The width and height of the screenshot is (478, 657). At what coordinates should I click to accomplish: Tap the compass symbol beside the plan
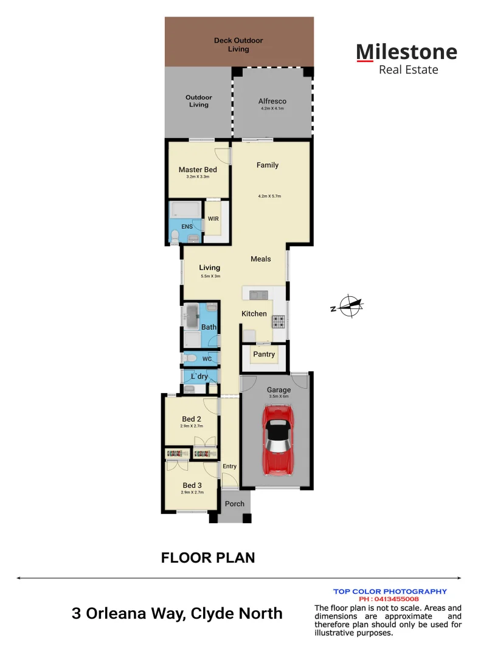tap(349, 306)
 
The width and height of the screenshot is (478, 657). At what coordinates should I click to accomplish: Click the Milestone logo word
tap(406, 52)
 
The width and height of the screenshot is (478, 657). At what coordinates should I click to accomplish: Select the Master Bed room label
tap(198, 170)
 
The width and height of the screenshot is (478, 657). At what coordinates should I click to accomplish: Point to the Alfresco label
tap(272, 102)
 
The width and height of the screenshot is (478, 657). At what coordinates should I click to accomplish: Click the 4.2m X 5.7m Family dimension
tap(269, 196)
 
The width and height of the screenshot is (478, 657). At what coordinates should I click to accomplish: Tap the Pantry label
tap(264, 354)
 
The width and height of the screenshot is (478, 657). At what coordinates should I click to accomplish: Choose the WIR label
tap(213, 219)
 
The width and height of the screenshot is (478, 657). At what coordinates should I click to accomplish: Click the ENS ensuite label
tap(187, 227)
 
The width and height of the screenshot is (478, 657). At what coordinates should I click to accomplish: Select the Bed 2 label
tap(192, 419)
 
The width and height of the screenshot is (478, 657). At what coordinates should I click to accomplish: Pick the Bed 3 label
tap(192, 485)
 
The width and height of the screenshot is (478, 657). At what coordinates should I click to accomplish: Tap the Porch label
tap(235, 504)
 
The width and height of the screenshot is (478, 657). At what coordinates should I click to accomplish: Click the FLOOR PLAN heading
tap(208, 558)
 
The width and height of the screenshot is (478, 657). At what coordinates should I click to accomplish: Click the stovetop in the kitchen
tap(278, 321)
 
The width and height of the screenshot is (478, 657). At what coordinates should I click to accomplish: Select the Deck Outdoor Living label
tap(238, 44)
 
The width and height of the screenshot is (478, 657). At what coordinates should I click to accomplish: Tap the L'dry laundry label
tap(199, 377)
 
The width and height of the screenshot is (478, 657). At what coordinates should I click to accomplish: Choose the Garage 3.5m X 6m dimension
tap(279, 397)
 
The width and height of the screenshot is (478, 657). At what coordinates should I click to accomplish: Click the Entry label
tap(229, 467)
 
